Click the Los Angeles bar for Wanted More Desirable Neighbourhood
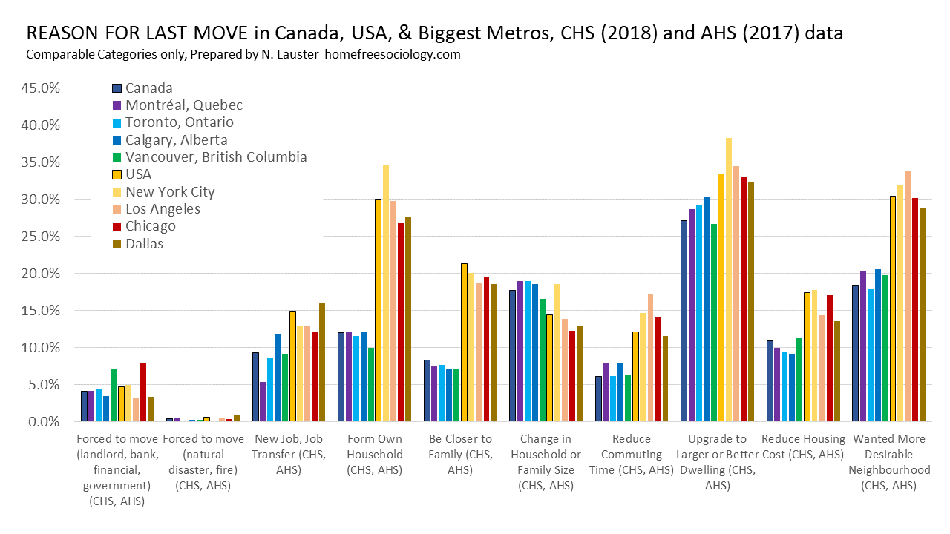coord(908,296)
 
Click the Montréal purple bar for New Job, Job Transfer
coord(263,402)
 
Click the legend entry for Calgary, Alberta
coord(176,140)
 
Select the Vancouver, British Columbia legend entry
coord(215,157)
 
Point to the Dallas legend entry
coord(145,243)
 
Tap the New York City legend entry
coord(170,191)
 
